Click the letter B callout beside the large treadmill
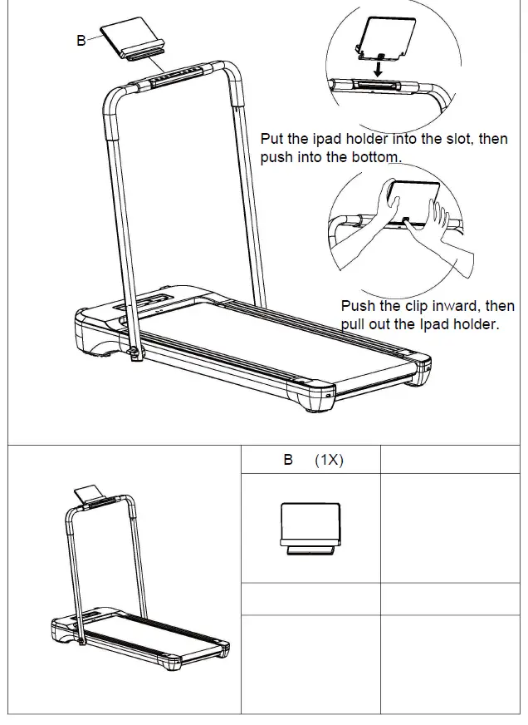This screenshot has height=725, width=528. click(81, 40)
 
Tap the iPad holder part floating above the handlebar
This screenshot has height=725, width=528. click(134, 40)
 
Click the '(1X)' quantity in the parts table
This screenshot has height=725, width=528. click(329, 460)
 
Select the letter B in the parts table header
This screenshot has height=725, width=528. click(288, 460)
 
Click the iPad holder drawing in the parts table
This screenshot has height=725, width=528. click(310, 527)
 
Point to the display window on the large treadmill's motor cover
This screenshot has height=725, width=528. click(154, 299)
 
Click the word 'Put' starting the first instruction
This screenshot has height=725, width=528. click(273, 139)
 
